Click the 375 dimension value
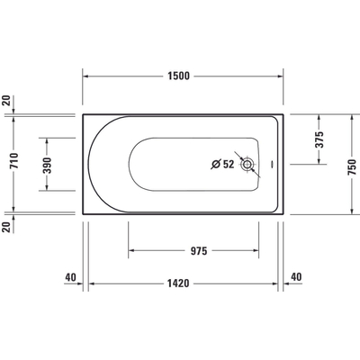(x=317, y=139)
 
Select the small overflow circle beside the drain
(x=269, y=165)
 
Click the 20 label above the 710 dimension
(x=7, y=101)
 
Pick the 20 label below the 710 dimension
(x=7, y=227)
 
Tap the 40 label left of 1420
(x=69, y=277)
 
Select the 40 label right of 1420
(x=297, y=277)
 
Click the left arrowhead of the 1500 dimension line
(x=87, y=76)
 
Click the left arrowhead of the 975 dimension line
(x=132, y=251)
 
